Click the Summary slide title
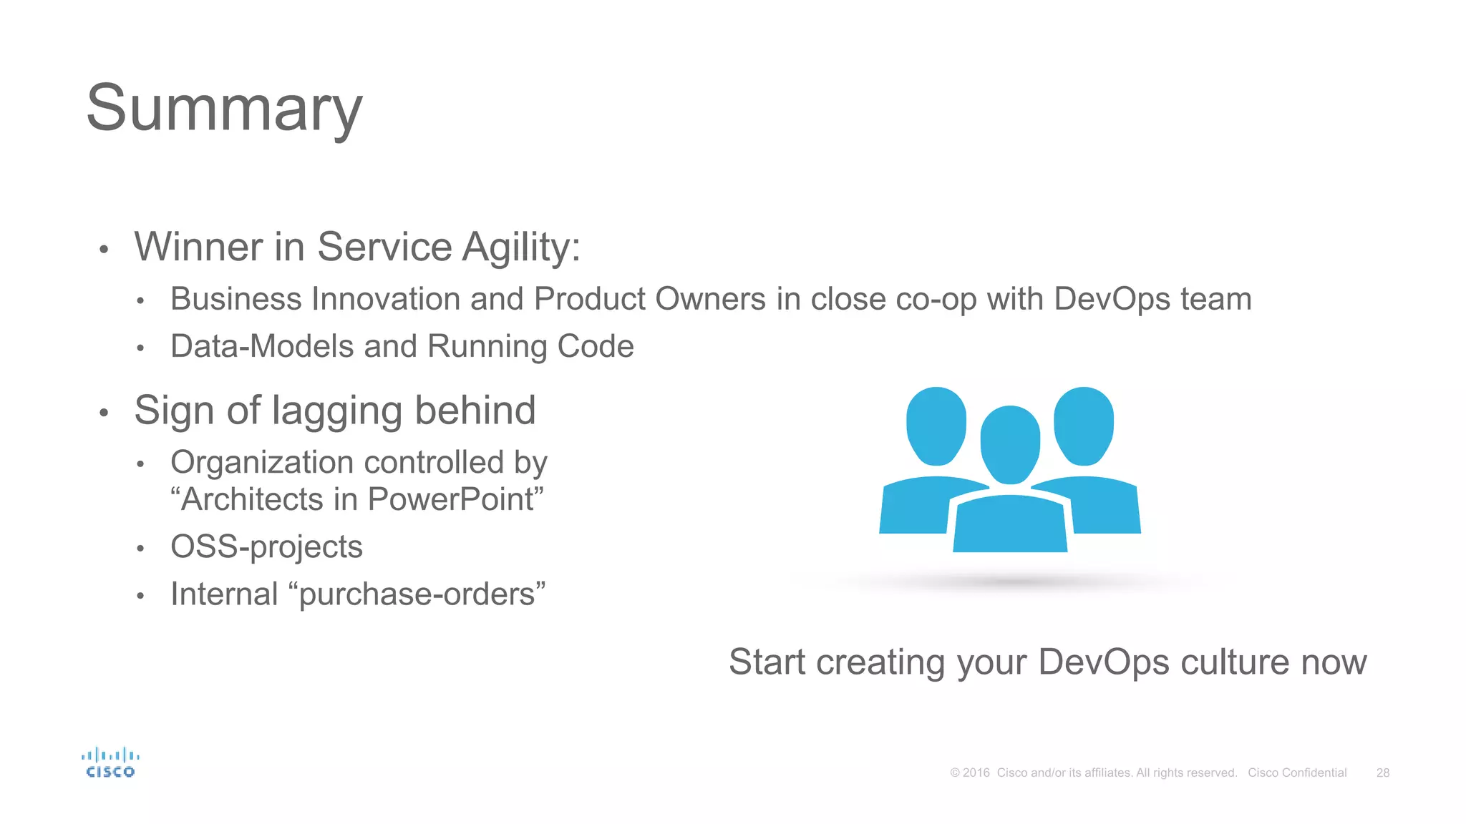point(224,109)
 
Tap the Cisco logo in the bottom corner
point(110,762)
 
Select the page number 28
point(1382,772)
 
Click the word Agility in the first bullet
point(520,248)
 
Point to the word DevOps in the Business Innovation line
point(1112,299)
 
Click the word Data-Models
point(262,346)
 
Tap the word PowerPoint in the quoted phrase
point(450,499)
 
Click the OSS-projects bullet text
point(266,547)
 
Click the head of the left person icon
point(936,426)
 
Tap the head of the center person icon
point(1009,443)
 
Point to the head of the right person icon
point(1084,426)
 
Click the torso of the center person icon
point(1010,526)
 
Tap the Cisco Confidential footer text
point(1297,772)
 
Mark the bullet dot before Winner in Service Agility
point(104,250)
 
